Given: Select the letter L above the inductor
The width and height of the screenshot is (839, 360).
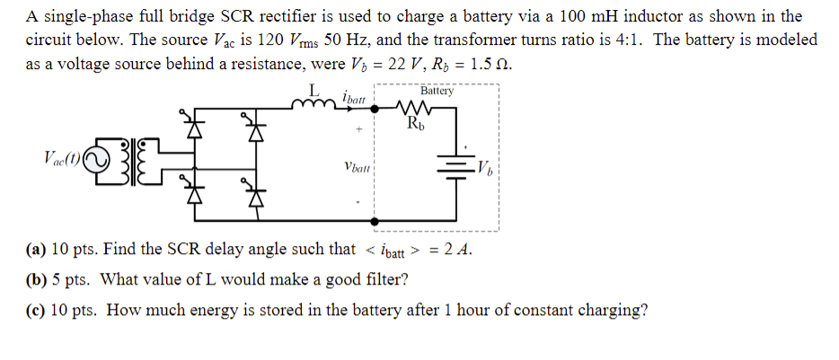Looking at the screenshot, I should pyautogui.click(x=314, y=90).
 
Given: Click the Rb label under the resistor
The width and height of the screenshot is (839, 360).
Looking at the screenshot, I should pyautogui.click(x=416, y=123).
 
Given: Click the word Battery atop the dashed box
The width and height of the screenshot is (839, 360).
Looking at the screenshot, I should pyautogui.click(x=437, y=91).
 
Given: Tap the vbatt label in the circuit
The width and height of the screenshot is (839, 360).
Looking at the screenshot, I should pyautogui.click(x=358, y=166).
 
